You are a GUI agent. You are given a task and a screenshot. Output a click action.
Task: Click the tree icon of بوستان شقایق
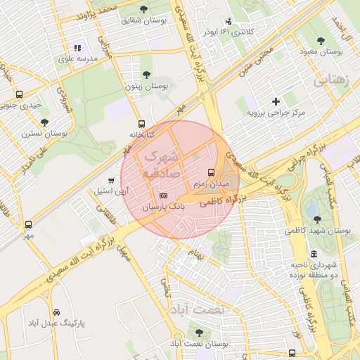(144, 9)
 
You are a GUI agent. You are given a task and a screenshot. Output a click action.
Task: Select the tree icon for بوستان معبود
(321, 41)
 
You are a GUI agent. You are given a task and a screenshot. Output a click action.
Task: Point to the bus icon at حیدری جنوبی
(19, 94)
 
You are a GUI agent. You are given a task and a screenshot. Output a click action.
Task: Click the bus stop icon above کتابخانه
(142, 123)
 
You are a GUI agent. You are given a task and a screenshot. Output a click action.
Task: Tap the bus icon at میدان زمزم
(211, 172)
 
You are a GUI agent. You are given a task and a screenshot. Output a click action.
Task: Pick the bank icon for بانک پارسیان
(163, 196)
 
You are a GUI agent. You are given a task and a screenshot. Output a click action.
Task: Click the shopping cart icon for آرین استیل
(112, 180)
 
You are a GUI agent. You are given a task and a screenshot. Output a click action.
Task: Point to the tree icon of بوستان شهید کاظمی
(316, 219)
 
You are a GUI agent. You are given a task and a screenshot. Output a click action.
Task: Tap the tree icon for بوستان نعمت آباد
(199, 332)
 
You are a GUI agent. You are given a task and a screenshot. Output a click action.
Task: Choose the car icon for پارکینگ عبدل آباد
(55, 311)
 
